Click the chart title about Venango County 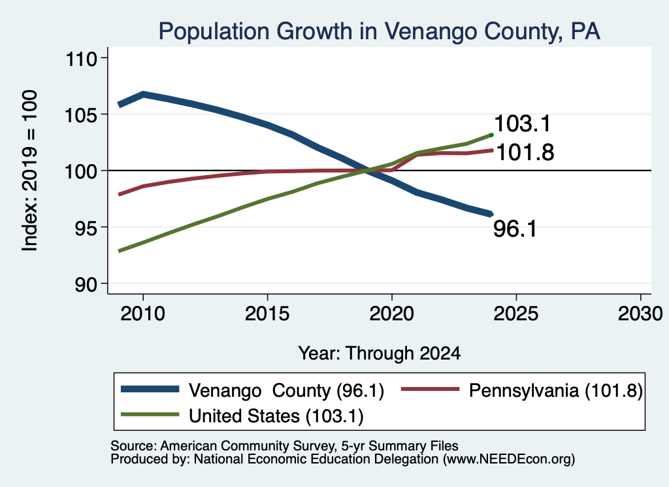380,31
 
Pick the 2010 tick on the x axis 143,314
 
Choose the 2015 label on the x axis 267,314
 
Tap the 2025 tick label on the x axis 516,314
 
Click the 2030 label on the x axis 640,314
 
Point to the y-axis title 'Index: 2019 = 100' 30,171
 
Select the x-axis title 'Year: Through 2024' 380,354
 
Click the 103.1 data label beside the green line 523,124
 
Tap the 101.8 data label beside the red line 525,152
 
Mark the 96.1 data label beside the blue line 515,229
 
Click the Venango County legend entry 253,390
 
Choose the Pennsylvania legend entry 522,390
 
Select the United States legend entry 242,415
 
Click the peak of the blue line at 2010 143,94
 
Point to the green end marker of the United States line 491,135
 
